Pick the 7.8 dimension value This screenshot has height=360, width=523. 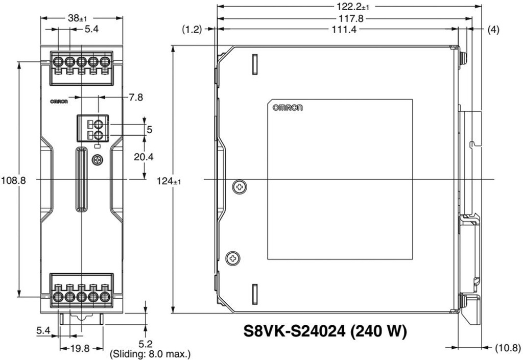136,97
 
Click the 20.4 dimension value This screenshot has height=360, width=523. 144,157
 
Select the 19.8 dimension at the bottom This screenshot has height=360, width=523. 80,349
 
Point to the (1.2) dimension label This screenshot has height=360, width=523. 192,30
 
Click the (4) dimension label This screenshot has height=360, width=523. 493,30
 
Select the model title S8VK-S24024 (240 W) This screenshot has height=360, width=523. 324,331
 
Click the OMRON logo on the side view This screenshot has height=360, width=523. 288,108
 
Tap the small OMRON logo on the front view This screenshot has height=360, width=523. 58,101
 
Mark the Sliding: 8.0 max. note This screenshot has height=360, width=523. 150,353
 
